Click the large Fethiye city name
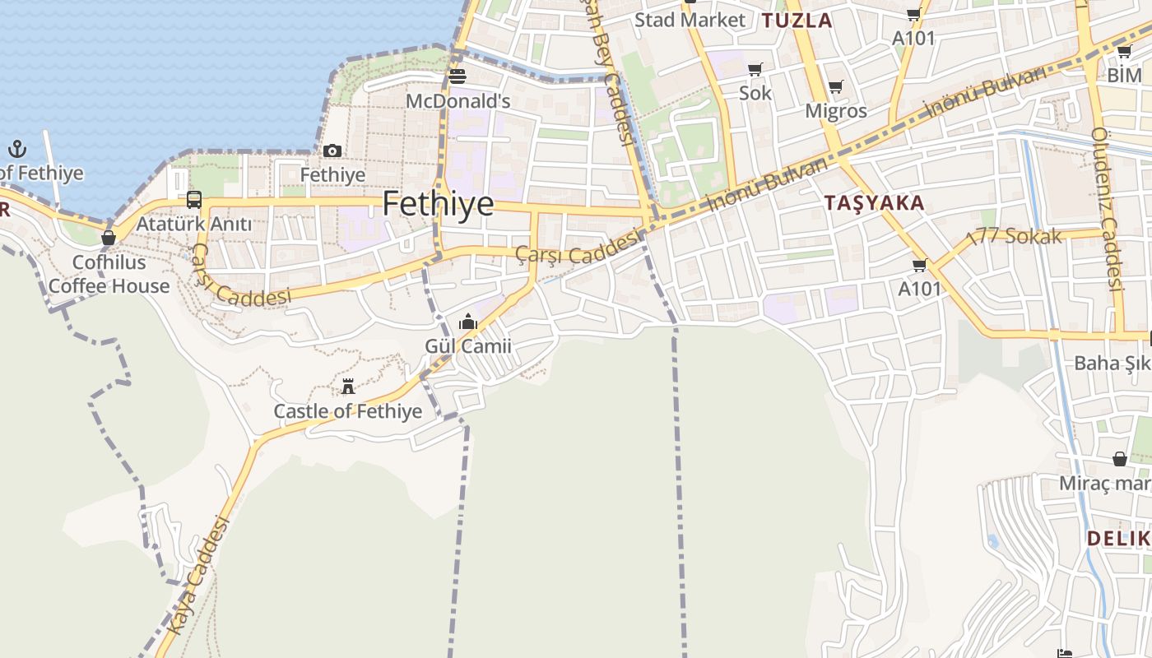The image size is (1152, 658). click(x=438, y=203)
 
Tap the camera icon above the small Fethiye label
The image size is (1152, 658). click(x=332, y=151)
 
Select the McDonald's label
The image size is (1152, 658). click(x=458, y=101)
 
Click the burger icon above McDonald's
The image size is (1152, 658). click(x=458, y=76)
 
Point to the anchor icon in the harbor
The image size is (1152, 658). click(x=17, y=149)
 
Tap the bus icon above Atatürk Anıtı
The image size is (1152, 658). click(x=194, y=199)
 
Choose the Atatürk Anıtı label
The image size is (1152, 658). click(x=194, y=224)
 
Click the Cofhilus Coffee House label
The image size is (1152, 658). click(x=109, y=274)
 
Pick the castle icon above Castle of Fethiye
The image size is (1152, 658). click(x=348, y=386)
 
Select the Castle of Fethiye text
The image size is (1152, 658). click(x=347, y=411)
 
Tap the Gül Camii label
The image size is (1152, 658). click(x=468, y=346)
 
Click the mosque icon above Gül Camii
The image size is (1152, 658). click(x=468, y=322)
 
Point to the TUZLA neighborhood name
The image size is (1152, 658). click(x=797, y=21)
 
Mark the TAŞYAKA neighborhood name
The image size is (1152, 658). click(x=874, y=202)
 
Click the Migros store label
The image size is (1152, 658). click(x=836, y=110)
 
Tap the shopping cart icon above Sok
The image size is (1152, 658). click(x=755, y=69)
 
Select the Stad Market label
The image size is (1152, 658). click(x=690, y=20)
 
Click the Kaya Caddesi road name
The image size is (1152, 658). click(x=196, y=575)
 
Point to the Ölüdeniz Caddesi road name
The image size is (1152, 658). click(x=1108, y=210)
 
